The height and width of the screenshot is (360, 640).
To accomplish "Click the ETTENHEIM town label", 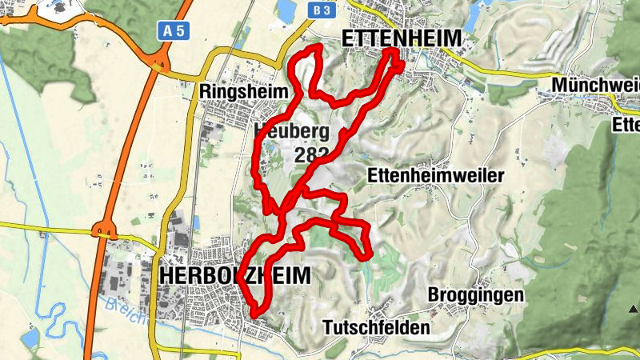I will (402, 38).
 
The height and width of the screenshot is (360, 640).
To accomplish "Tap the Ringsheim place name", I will (244, 92).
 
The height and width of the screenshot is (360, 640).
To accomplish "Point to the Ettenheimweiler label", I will (435, 175).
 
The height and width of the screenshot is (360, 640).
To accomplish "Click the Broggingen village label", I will (476, 295).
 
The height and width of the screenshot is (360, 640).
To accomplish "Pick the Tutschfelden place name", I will (377, 327).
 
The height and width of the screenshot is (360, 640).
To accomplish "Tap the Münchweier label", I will (595, 85).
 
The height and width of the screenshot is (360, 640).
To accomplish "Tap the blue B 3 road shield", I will (321, 10).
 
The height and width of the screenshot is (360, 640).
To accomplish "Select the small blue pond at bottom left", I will (30, 339).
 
